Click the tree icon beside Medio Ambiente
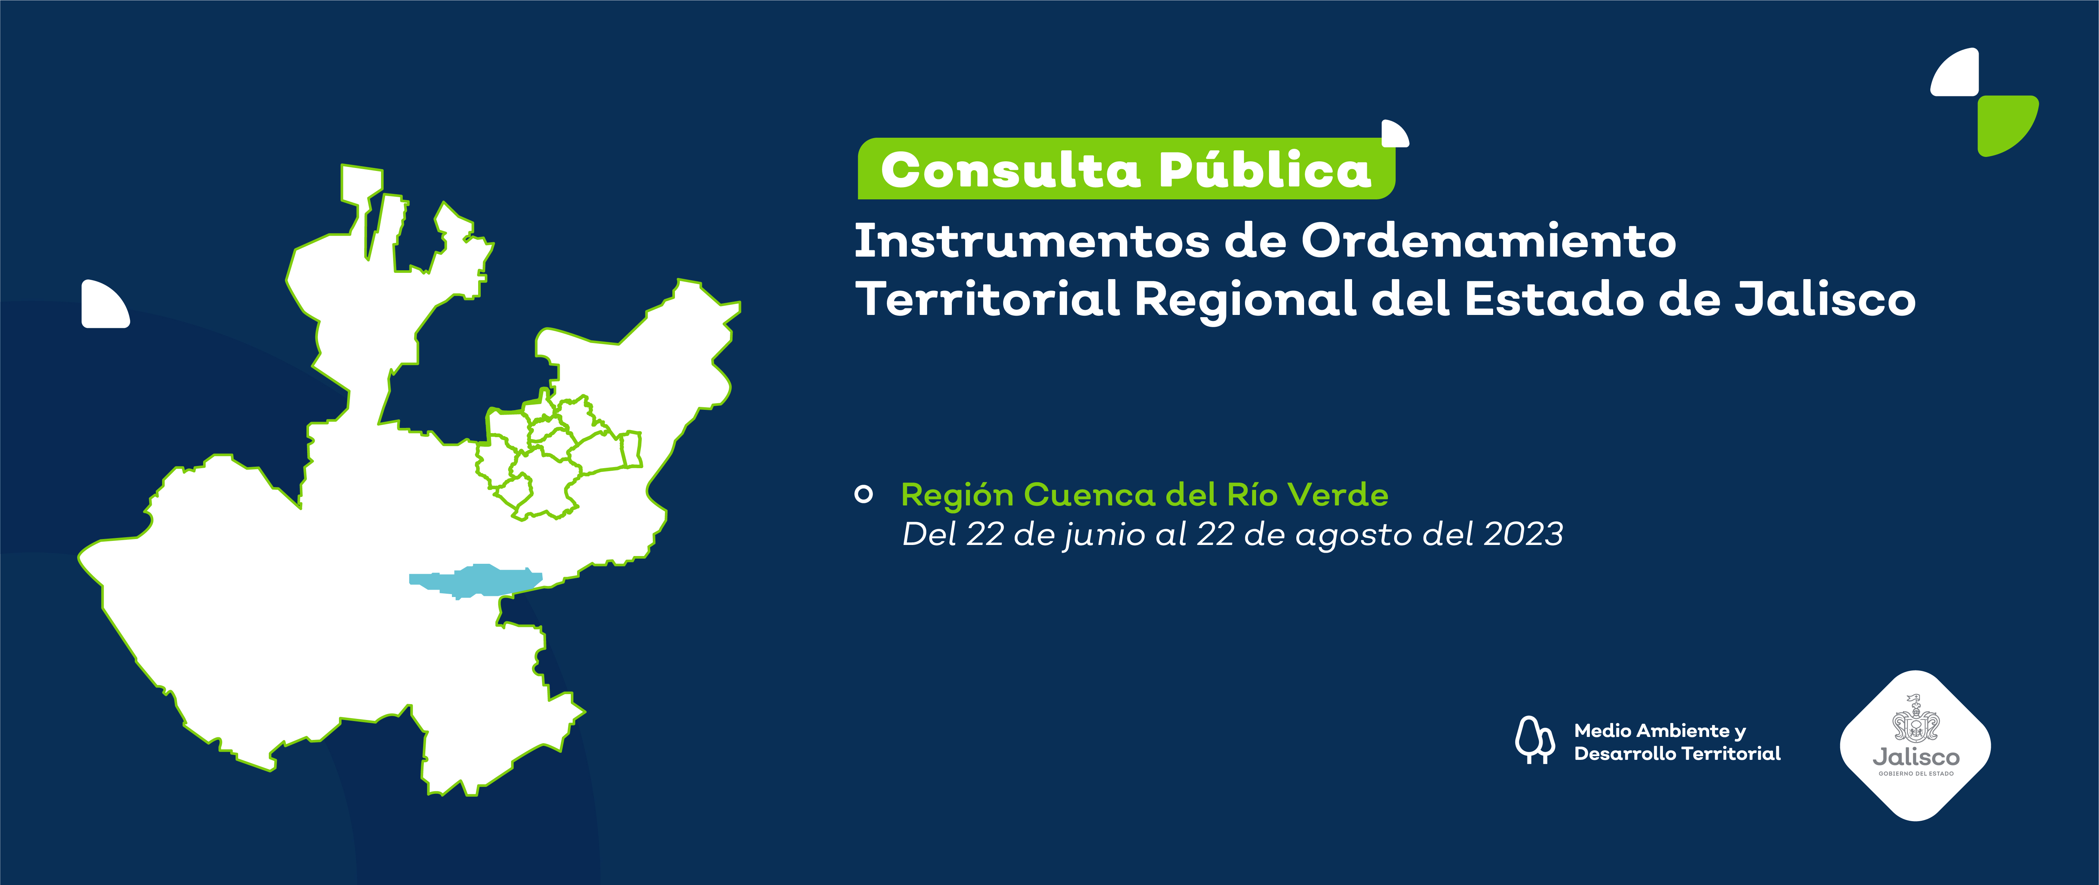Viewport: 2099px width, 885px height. [1533, 740]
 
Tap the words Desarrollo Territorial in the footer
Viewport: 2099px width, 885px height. [1677, 754]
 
